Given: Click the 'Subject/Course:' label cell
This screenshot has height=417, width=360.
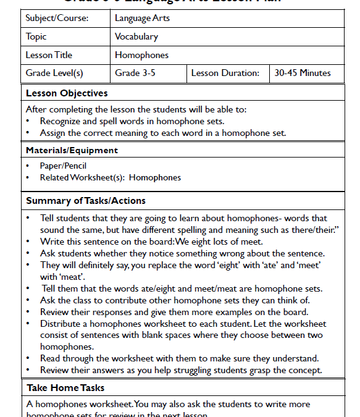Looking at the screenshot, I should [57, 19].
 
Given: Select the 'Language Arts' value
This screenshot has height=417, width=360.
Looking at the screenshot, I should [142, 19].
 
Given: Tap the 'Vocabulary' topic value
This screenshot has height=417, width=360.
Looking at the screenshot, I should [136, 36].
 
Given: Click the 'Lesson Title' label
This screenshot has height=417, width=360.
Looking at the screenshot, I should [49, 55].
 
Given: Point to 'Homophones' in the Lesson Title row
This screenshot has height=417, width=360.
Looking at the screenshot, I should [141, 55].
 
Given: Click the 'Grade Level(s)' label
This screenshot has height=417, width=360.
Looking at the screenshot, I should [54, 73].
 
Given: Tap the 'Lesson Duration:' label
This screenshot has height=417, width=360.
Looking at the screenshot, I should [225, 73].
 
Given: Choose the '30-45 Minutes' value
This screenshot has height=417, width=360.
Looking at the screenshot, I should [303, 73].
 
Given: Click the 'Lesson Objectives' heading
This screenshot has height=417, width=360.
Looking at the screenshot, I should [67, 93].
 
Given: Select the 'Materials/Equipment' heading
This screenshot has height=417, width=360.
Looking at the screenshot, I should [72, 150].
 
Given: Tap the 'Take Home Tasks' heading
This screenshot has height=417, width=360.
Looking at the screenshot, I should [65, 388].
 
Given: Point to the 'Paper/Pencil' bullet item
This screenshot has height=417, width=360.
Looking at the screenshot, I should [63, 166].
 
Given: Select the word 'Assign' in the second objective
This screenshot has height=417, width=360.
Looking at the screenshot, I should [54, 133].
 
